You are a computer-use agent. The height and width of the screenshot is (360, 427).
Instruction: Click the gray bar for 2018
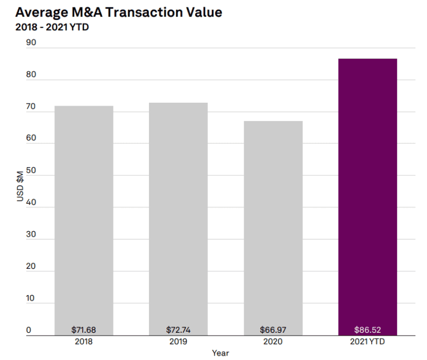click(83, 217)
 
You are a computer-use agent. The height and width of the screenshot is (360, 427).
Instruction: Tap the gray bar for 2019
click(178, 217)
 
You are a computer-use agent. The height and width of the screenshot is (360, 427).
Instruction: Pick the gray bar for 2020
click(273, 222)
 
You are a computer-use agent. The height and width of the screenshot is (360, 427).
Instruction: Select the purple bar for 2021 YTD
click(368, 194)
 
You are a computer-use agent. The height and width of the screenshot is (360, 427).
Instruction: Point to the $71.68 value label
click(83, 329)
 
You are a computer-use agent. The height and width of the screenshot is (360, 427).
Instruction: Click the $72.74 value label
click(178, 329)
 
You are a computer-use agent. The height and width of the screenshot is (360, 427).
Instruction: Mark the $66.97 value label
click(273, 329)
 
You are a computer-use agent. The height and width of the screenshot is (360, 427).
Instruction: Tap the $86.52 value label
click(368, 329)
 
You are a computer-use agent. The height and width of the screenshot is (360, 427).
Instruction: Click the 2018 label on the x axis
click(83, 342)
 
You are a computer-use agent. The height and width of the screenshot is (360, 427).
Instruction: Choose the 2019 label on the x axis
click(178, 342)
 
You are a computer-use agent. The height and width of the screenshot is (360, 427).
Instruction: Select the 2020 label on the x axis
click(273, 342)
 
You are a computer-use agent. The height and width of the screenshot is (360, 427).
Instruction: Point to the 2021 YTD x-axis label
click(368, 342)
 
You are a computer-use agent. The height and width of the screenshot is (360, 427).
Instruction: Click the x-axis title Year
click(220, 353)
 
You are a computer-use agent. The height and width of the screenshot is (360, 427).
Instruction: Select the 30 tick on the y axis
click(31, 234)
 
